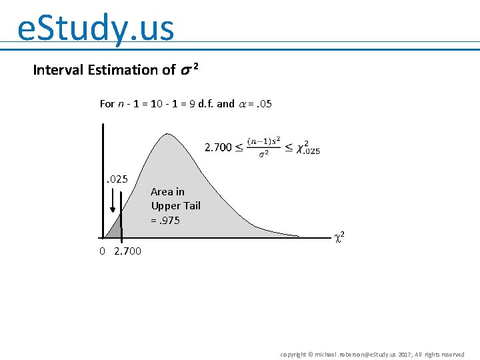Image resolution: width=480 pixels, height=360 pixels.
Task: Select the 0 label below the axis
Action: (x=102, y=251)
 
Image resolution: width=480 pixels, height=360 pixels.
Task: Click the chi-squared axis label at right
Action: (x=339, y=236)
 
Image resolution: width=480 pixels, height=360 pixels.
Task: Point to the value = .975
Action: (x=165, y=221)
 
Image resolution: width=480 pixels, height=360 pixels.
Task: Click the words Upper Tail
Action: (x=175, y=206)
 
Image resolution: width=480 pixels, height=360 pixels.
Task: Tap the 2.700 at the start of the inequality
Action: (x=218, y=147)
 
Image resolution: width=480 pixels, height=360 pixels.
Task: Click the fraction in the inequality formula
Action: (x=263, y=147)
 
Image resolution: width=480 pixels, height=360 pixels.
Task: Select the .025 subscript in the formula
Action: (x=310, y=152)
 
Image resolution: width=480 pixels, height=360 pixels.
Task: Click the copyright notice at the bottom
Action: (x=372, y=354)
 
